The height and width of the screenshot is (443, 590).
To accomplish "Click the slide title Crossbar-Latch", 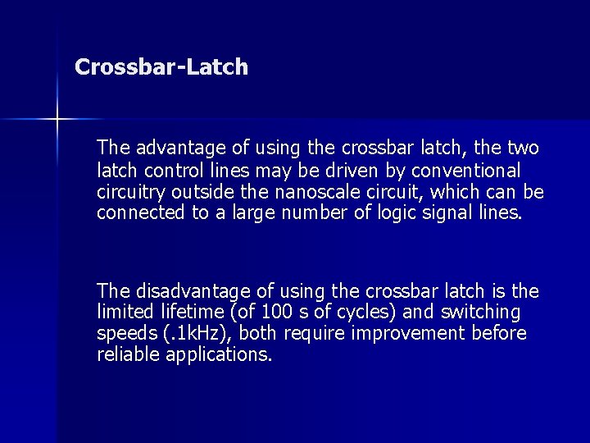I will coord(161,67).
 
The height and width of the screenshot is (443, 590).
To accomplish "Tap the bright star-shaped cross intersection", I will coord(57,120).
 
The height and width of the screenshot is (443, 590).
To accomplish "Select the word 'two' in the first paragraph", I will coord(523,148).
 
